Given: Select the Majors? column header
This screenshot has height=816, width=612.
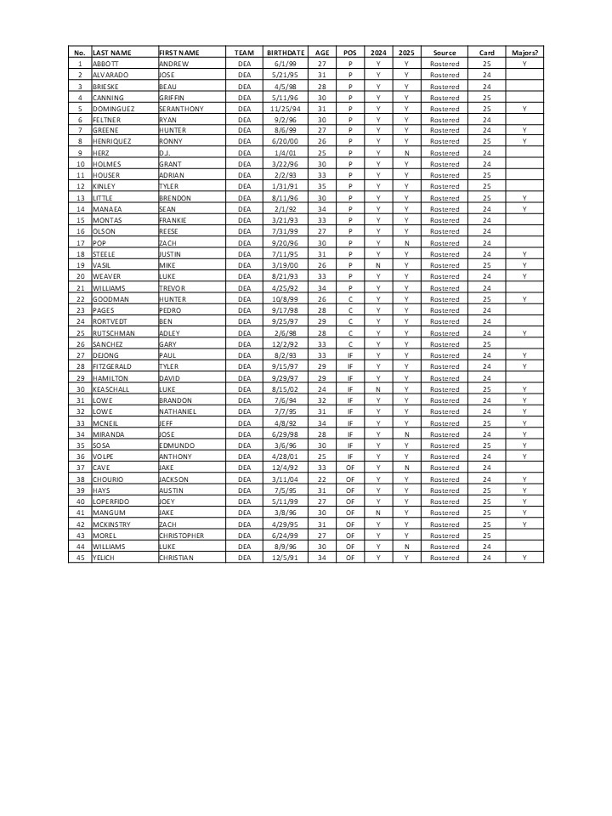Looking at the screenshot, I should pyautogui.click(x=524, y=53).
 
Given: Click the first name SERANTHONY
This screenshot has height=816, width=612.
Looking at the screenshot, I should pyautogui.click(x=181, y=109).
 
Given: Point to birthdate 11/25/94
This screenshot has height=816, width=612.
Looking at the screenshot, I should pyautogui.click(x=280, y=109).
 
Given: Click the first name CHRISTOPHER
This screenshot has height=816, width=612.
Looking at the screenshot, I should pyautogui.click(x=181, y=535).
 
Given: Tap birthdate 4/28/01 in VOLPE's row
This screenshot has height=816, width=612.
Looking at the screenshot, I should pyautogui.click(x=280, y=456).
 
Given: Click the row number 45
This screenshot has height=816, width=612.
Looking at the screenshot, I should pyautogui.click(x=80, y=558).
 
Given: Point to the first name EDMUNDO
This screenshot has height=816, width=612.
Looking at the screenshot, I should pyautogui.click(x=177, y=445).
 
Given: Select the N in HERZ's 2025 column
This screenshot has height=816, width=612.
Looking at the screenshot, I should pyautogui.click(x=406, y=153).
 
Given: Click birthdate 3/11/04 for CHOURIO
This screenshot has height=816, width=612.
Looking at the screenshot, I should pyautogui.click(x=280, y=479).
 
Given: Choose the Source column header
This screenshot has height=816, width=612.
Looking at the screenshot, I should pyautogui.click(x=445, y=53).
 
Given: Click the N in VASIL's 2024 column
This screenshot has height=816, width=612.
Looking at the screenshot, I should pyautogui.click(x=378, y=265).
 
